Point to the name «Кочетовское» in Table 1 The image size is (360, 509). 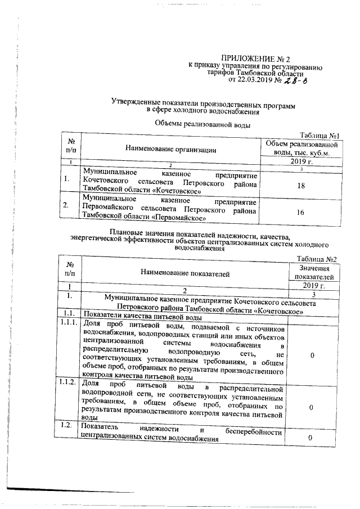tap(180, 191)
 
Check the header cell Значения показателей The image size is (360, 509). tap(314, 273)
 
